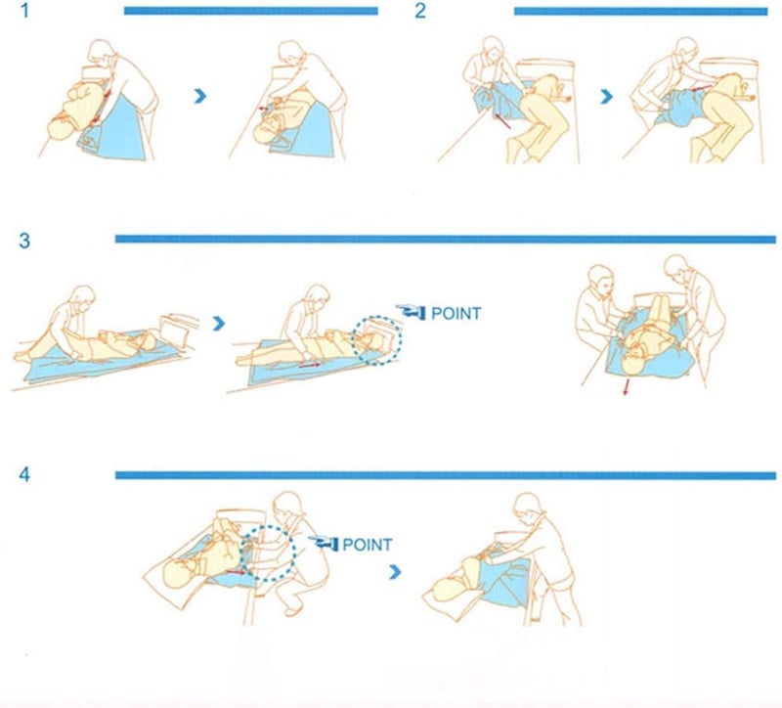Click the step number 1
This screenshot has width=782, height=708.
pyautogui.click(x=25, y=11)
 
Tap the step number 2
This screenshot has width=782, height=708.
pyautogui.click(x=420, y=11)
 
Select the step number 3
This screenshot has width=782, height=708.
pyautogui.click(x=24, y=241)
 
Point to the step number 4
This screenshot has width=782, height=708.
pyautogui.click(x=24, y=474)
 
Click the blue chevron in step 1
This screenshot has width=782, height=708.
pyautogui.click(x=200, y=96)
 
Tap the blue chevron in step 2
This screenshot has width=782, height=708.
pyautogui.click(x=606, y=96)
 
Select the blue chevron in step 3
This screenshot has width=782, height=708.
pyautogui.click(x=218, y=324)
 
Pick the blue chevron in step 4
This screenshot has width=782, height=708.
pyautogui.click(x=395, y=572)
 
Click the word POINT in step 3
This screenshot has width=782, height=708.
pyautogui.click(x=456, y=314)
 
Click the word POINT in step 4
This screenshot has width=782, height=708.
pyautogui.click(x=368, y=545)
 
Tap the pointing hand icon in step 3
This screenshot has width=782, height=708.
pyautogui.click(x=411, y=312)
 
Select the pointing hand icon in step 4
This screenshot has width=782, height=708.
pyautogui.click(x=324, y=544)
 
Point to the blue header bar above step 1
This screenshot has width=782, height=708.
pyautogui.click(x=251, y=11)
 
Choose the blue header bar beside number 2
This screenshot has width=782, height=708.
pyautogui.click(x=641, y=11)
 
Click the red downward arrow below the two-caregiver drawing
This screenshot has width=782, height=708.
pyautogui.click(x=627, y=387)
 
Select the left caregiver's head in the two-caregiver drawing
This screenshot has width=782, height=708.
pyautogui.click(x=601, y=281)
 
